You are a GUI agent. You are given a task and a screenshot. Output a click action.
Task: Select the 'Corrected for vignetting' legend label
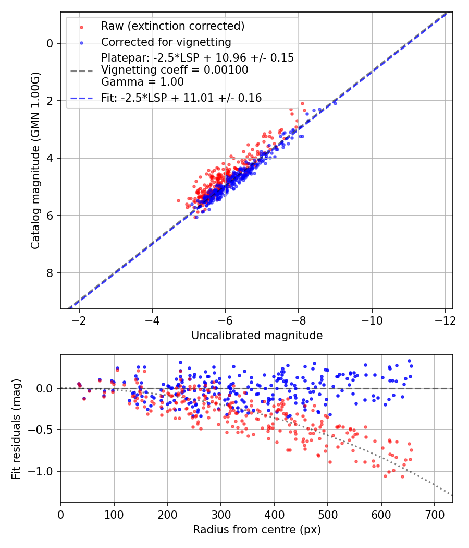[x=166, y=42]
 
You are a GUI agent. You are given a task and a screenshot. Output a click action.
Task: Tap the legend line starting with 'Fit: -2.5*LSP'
[x=181, y=98]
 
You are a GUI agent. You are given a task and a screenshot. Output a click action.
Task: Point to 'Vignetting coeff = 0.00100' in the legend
[x=175, y=69]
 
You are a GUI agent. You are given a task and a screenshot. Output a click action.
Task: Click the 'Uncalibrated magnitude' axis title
[x=257, y=336]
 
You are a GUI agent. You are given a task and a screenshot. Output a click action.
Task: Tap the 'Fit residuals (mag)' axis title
[x=17, y=428]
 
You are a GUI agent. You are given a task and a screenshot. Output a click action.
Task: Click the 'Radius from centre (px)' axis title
[x=257, y=530]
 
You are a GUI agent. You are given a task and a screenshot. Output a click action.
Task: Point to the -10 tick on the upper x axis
[x=372, y=319]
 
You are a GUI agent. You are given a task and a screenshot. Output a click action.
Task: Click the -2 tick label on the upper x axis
[x=79, y=319]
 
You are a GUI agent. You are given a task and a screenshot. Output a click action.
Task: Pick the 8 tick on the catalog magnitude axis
[x=50, y=273]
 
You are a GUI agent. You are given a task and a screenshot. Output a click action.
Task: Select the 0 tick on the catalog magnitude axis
[x=50, y=43]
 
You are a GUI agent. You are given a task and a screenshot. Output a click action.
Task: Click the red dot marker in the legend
[x=81, y=26]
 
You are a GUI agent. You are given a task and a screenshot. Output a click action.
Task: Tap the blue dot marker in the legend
[x=81, y=42]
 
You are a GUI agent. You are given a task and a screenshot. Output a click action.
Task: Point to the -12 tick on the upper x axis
[x=445, y=319]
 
